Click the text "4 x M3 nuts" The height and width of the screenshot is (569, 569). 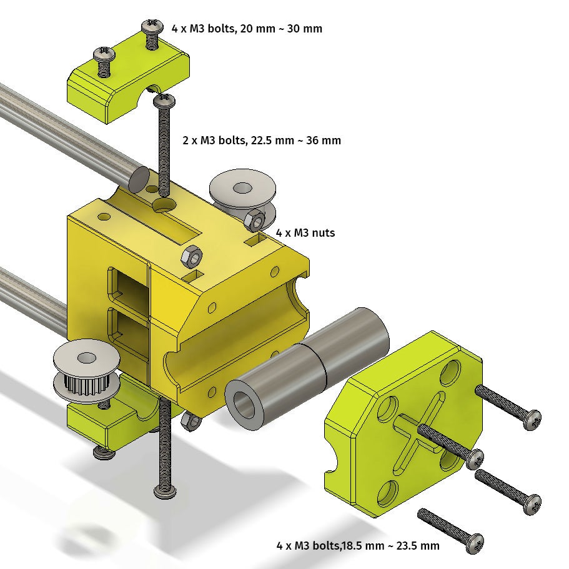coord(305,232)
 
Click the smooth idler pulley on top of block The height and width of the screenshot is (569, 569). coord(242,197)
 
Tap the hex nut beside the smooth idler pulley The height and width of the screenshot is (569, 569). coord(255,220)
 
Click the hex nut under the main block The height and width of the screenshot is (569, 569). coord(192,420)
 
